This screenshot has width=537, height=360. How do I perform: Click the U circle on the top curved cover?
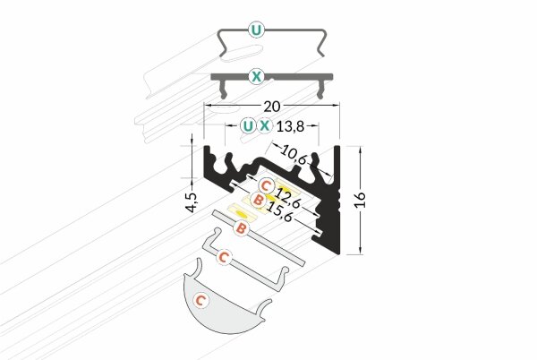coord(258,30)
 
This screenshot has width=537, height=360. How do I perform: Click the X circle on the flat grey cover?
coord(258,77)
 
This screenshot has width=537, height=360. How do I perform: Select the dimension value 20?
coord(272,95)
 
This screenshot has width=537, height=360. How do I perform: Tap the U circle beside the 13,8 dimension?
coord(247,126)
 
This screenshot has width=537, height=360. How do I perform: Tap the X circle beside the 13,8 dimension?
coord(265,126)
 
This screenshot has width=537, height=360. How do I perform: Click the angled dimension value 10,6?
coord(293,153)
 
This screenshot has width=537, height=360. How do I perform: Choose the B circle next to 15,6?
coord(259,200)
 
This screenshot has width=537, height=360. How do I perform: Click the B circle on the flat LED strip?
coord(240,229)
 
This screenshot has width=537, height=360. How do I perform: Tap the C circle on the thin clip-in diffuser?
coord(226,257)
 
